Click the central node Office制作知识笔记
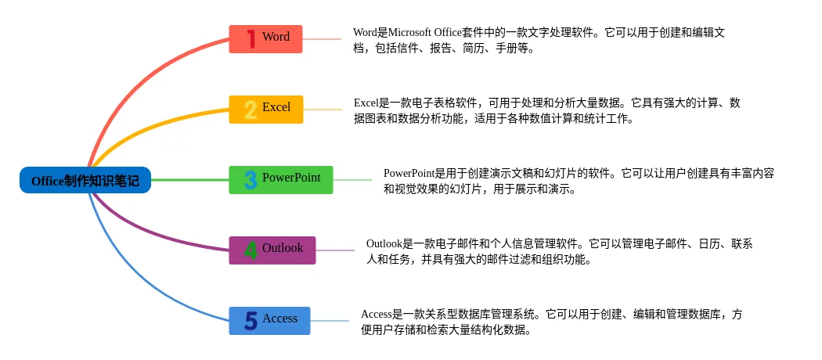pyautogui.click(x=85, y=180)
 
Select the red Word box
pyautogui.click(x=266, y=39)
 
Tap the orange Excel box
pyautogui.click(x=266, y=110)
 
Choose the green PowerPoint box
pyautogui.click(x=281, y=180)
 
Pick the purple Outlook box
pyautogui.click(x=272, y=250)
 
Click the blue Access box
pyautogui.click(x=269, y=321)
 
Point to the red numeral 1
pyautogui.click(x=251, y=39)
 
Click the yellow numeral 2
pyautogui.click(x=251, y=110)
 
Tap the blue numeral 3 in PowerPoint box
pyautogui.click(x=251, y=180)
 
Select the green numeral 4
pyautogui.click(x=251, y=250)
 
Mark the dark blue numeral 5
pyautogui.click(x=251, y=321)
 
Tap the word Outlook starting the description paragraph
pyautogui.click(x=384, y=243)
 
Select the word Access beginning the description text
pyautogui.click(x=377, y=315)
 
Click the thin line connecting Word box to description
pyautogui.click(x=322, y=39)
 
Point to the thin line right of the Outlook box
pyautogui.click(x=336, y=250)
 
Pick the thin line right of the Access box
pyautogui.click(x=330, y=321)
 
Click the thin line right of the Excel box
pyautogui.click(x=323, y=110)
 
